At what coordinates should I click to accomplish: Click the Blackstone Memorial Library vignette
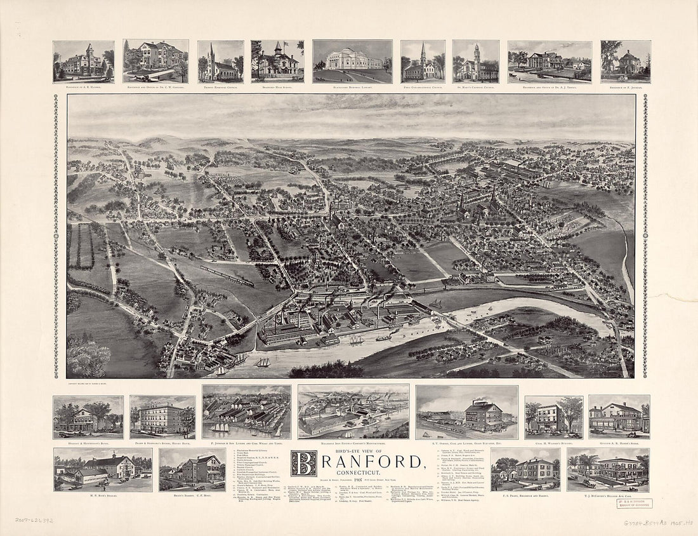tap(352, 62)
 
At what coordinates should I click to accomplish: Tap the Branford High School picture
tap(277, 62)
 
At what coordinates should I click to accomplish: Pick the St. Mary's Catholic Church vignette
tap(476, 62)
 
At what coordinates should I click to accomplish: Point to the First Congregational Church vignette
tap(423, 62)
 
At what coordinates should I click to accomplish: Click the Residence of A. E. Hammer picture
tap(84, 62)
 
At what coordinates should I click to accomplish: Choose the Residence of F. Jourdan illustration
tap(626, 62)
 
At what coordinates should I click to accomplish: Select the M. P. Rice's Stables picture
tap(103, 469)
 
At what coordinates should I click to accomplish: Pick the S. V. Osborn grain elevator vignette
tap(467, 413)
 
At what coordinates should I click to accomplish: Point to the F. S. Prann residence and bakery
tap(525, 469)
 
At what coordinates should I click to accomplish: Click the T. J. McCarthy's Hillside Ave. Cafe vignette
tap(609, 469)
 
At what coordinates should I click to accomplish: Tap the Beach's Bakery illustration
tap(192, 469)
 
